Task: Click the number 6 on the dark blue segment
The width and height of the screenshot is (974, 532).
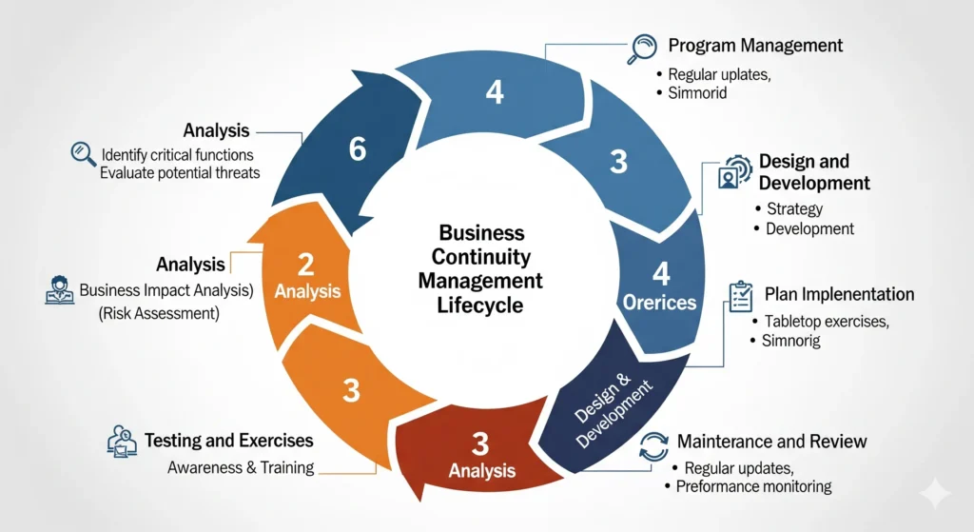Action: [x=358, y=150]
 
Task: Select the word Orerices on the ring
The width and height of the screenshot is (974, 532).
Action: [x=660, y=303]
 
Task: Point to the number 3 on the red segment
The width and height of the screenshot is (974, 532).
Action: [x=480, y=443]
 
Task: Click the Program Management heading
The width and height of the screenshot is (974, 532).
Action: [x=755, y=45]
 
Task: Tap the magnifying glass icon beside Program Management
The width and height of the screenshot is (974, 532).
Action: [x=644, y=49]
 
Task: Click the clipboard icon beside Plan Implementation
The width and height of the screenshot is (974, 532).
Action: [x=739, y=297]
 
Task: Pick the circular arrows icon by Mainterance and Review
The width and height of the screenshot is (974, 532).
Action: [x=654, y=445]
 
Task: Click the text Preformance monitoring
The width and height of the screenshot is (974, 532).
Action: [x=753, y=486]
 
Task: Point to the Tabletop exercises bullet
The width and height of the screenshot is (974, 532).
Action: [x=826, y=322]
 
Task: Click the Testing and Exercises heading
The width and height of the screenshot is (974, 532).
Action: [x=228, y=441]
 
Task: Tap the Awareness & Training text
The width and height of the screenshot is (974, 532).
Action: [x=241, y=467]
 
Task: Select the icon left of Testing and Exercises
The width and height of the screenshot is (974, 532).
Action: [x=122, y=442]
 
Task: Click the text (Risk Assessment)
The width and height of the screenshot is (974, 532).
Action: [x=158, y=313]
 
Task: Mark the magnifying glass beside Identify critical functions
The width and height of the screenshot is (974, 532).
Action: [x=83, y=153]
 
